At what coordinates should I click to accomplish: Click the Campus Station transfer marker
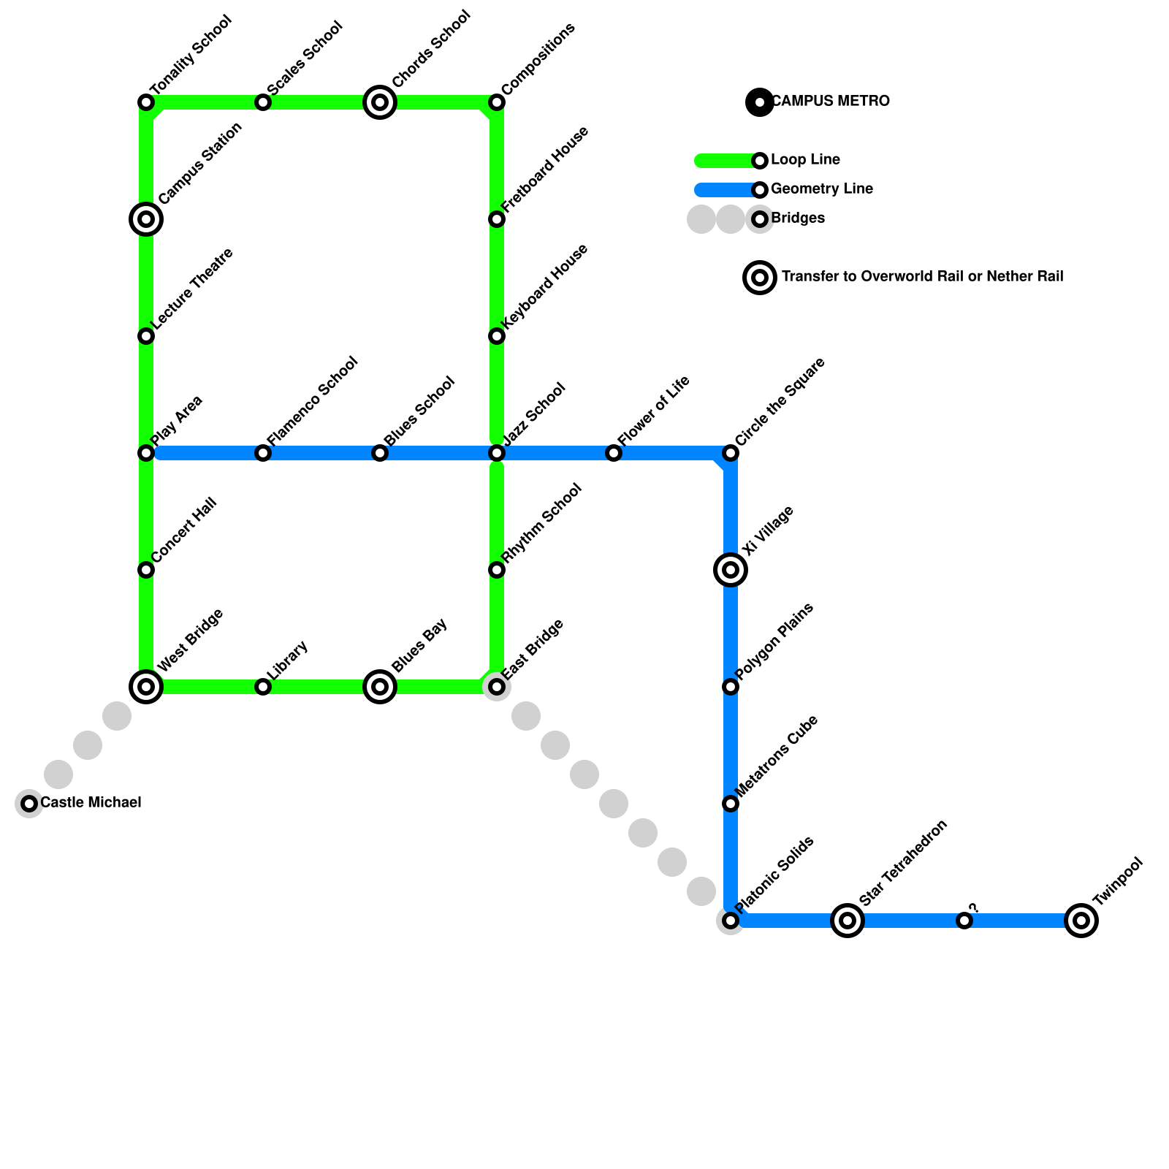coord(146,218)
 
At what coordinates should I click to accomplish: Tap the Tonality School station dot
coord(146,102)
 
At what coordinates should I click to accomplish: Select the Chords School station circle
coord(380,102)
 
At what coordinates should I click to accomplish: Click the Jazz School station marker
coord(497,453)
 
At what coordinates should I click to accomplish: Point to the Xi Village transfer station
coord(731,570)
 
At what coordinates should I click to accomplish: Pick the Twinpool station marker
coord(1081,921)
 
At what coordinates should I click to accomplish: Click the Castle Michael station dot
coord(29,804)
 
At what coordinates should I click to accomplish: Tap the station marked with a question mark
coord(964,921)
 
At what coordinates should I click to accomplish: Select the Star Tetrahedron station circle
coord(848,921)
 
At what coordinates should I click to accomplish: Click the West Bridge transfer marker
coord(146,687)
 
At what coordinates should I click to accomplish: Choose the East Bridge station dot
coord(497,687)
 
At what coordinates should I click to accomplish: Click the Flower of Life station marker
coord(614,453)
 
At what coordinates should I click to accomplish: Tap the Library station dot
coord(263,687)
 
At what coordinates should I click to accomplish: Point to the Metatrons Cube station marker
coord(731,804)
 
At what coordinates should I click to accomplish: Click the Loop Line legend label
coord(805,160)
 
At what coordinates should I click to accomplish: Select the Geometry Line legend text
coord(821,189)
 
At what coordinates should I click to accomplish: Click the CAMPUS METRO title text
coord(830,102)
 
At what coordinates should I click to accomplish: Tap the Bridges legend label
coord(797,218)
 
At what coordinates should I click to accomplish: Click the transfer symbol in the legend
coord(760,277)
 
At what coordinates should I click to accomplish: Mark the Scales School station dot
coord(263,102)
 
